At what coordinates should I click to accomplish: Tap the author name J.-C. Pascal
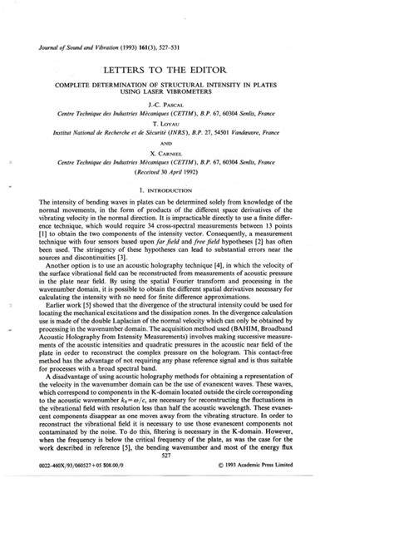[197, 106]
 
